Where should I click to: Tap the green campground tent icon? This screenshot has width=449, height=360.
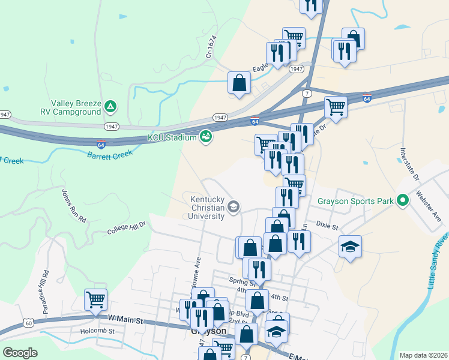pos(110,107)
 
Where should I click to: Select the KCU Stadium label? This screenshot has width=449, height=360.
pos(172,138)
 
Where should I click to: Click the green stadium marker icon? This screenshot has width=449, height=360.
pos(206,137)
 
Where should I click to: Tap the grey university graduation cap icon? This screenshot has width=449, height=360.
pos(234,208)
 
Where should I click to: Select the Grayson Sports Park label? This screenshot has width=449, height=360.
pos(355,200)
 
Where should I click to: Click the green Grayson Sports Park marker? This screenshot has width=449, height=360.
pos(402,200)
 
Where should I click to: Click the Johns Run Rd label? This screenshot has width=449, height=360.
pos(74,206)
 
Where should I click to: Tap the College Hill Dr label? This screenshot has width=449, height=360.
pos(127,227)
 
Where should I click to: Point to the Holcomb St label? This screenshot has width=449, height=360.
pos(96,331)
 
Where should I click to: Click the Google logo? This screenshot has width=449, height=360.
pos(20,353)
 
